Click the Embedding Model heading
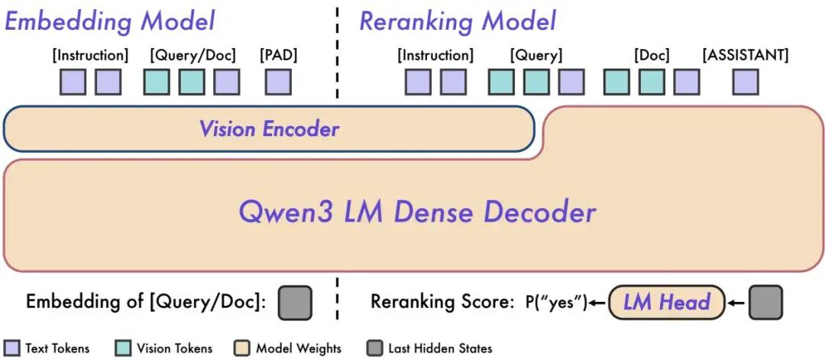[x=110, y=21]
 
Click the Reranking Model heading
[x=458, y=21]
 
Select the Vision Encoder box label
[x=269, y=128]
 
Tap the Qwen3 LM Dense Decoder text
[x=417, y=211]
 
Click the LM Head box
[x=666, y=302]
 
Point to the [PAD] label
[x=278, y=55]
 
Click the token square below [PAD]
[x=278, y=82]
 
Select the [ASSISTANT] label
[x=746, y=55]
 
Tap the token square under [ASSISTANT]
[x=746, y=82]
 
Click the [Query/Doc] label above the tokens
[x=193, y=55]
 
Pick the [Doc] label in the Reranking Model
[x=652, y=55]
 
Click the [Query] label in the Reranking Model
[x=536, y=55]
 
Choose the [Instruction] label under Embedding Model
[x=90, y=55]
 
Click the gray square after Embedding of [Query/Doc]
[x=295, y=302]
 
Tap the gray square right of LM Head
[x=765, y=302]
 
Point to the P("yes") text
[x=556, y=303]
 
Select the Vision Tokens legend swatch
[x=121, y=348]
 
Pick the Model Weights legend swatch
[x=243, y=348]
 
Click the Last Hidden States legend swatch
[x=375, y=348]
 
